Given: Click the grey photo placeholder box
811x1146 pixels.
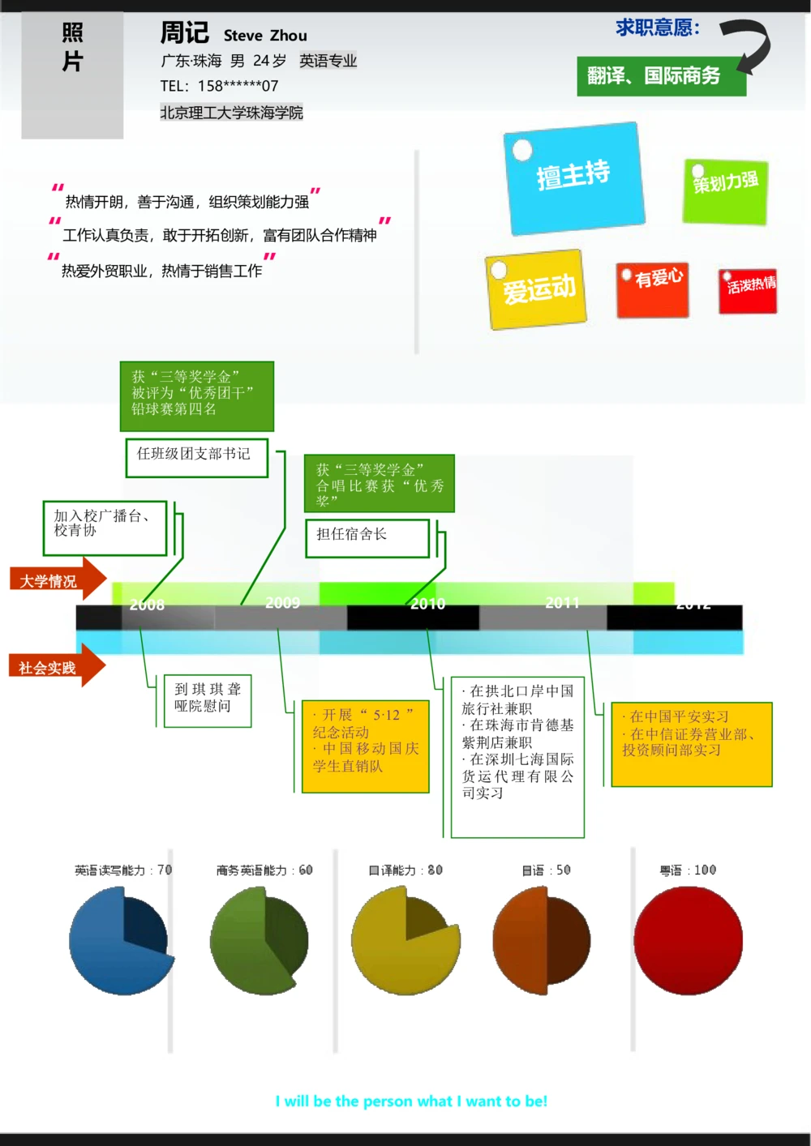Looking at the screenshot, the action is point(72,75).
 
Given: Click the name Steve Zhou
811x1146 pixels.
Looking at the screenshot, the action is point(265,36).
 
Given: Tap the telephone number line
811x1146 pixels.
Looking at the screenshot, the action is point(219,86).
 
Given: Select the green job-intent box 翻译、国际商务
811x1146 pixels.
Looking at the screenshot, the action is point(660,76).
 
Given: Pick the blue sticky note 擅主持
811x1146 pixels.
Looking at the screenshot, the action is point(574,177).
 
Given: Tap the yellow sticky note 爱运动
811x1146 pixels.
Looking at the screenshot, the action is point(536,289).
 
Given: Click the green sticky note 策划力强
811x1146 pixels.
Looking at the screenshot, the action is point(725,191).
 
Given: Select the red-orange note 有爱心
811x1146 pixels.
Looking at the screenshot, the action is point(653,289).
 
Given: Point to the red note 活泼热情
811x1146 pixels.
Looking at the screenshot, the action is point(748,290).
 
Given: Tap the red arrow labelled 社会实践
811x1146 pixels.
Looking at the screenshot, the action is point(56,667).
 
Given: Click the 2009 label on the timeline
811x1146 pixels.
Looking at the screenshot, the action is point(282,603).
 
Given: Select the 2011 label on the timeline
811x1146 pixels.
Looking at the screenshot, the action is point(562,603).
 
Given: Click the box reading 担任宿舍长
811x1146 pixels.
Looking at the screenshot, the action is point(367,537).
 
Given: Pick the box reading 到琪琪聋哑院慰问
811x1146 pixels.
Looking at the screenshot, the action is point(208,700).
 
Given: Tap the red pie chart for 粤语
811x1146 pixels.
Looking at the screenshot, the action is point(688,940).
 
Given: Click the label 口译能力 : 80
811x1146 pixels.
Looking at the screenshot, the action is point(405,870).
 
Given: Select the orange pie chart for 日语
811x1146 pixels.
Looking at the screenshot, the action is point(542,940).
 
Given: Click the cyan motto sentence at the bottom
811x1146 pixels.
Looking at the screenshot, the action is point(411,1101).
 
